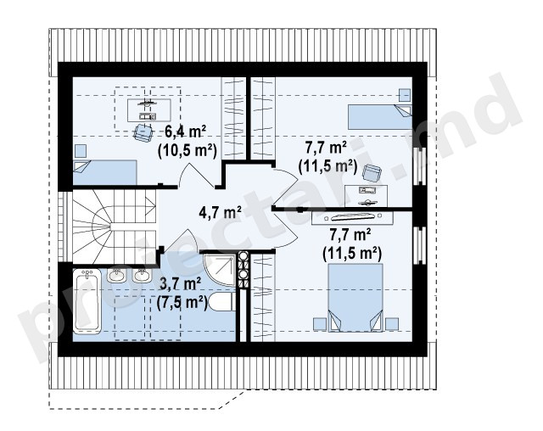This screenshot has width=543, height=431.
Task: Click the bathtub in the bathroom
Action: [87, 301]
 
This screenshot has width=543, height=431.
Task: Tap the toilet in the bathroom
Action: [222, 302]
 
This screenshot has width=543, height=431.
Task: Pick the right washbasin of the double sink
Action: [142, 275]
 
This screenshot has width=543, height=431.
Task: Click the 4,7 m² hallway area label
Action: [221, 212]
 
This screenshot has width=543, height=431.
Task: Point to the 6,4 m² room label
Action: [185, 132]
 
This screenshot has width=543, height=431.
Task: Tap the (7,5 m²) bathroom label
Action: [182, 303]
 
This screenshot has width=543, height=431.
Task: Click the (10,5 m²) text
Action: [188, 151]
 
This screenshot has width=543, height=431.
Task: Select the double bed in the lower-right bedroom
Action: [355, 298]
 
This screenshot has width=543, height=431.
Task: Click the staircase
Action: [115, 226]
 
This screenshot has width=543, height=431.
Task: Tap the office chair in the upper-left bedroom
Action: [143, 132]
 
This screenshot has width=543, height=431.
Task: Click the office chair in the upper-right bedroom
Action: [372, 173]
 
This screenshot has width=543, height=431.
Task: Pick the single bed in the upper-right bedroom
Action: [380, 117]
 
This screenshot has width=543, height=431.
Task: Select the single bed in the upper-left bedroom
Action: [105, 172]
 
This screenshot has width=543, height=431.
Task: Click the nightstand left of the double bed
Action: [320, 324]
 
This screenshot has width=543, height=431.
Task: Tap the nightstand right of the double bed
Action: [392, 324]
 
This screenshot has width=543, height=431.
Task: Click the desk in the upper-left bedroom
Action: [149, 110]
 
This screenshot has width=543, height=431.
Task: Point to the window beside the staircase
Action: [62, 227]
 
